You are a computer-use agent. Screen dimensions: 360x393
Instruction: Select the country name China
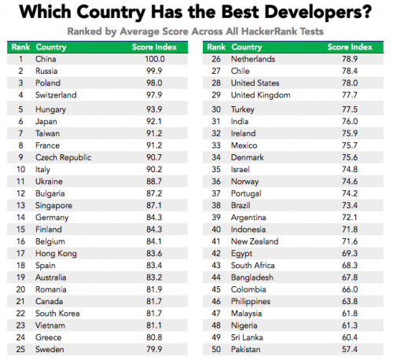click(47, 59)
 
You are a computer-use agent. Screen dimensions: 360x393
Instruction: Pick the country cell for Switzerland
click(58, 95)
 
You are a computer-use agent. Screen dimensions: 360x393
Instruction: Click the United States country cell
click(254, 83)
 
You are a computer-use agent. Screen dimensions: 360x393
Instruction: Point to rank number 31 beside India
click(215, 120)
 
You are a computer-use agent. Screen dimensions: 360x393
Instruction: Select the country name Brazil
click(241, 204)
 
